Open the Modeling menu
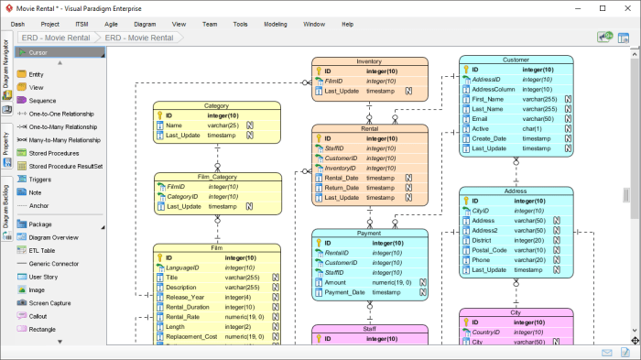coord(275,24)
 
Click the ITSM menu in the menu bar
coord(81,24)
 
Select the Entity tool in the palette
coord(36,74)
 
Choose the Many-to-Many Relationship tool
coord(64,140)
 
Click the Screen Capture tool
coord(50,303)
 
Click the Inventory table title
coord(369,61)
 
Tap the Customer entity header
coord(516,60)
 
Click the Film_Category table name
coord(198,176)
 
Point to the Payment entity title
coord(369,234)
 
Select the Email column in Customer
coord(480,118)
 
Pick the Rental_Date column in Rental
coord(341,178)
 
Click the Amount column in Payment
coord(335,283)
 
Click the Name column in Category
coord(174,125)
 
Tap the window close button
coord(629,6)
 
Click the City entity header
coord(516,312)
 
